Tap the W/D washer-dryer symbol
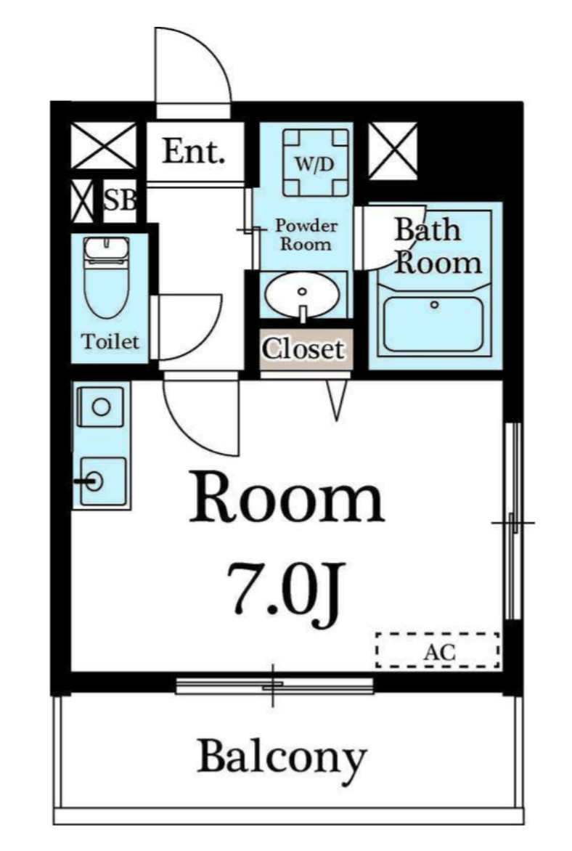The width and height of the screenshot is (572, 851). click(x=315, y=162)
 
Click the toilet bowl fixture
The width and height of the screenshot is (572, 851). click(x=107, y=277)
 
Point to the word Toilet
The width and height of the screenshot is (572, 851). click(x=110, y=341)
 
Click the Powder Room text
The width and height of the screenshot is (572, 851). click(x=306, y=234)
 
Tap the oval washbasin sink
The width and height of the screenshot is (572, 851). click(x=302, y=296)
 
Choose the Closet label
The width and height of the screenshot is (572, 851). click(x=303, y=349)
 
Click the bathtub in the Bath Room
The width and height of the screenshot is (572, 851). click(x=433, y=324)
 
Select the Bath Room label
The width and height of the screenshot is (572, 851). click(x=438, y=246)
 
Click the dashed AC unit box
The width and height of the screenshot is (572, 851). click(x=438, y=650)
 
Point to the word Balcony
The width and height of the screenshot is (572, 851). click(x=282, y=758)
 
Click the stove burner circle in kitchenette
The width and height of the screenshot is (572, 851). click(x=101, y=407)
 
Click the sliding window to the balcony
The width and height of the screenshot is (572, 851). click(x=274, y=685)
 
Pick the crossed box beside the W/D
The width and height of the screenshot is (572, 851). click(x=393, y=151)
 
